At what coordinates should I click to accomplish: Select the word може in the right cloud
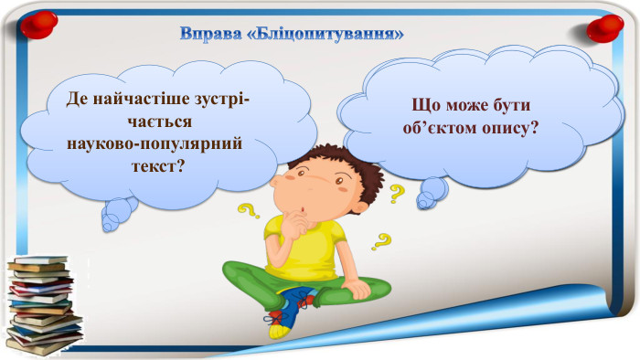473,105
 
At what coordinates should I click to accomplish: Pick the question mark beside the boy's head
398,193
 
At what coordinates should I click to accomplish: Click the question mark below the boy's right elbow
381,241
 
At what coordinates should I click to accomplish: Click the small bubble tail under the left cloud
118,217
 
